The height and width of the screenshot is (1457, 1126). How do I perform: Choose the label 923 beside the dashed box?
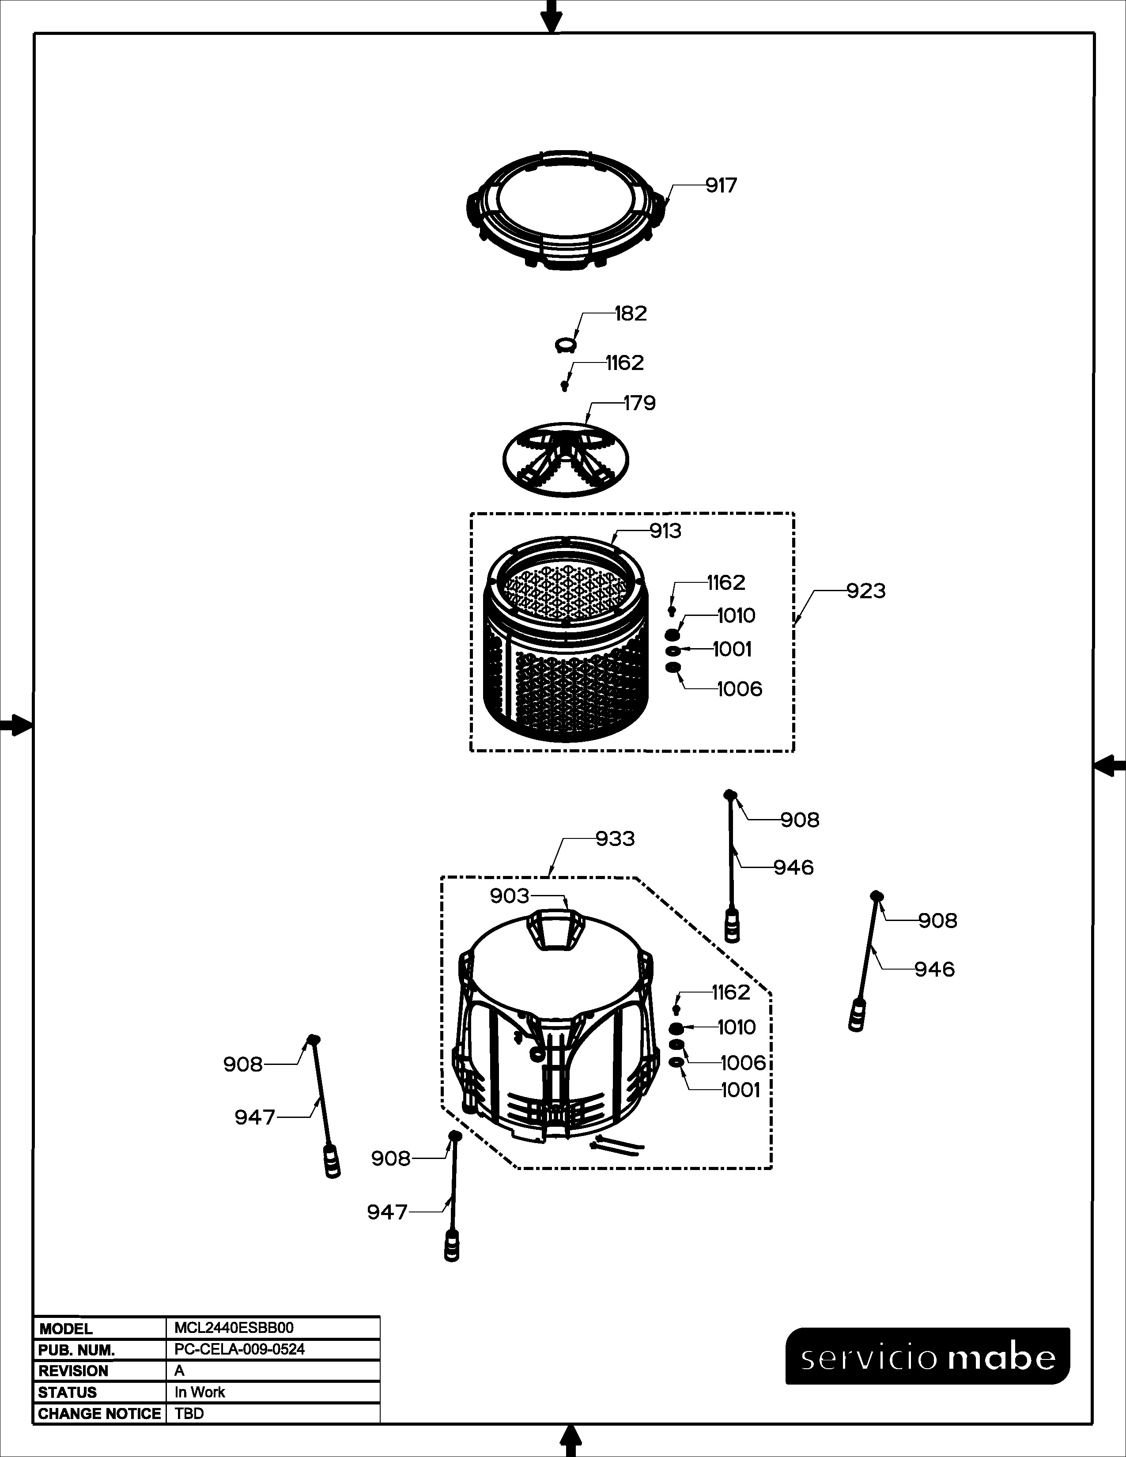point(866,590)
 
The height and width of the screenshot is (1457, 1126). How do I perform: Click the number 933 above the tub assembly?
point(615,838)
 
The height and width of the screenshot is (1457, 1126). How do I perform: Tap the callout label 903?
point(510,896)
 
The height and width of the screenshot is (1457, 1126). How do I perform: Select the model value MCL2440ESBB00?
point(234,1328)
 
